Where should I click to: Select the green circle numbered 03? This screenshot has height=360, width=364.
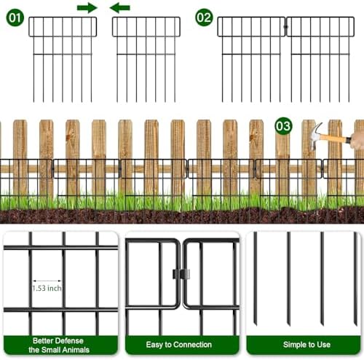(x=284, y=127)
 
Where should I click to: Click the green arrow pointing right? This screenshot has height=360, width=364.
(x=87, y=8)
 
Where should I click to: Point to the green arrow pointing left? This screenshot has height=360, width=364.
(x=120, y=8)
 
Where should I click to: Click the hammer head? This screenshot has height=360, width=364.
(x=317, y=132)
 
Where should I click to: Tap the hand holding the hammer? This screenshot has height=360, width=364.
(x=357, y=138)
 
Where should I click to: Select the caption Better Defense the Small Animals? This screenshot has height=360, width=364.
(x=60, y=344)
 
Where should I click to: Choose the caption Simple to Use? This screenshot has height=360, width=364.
(x=303, y=344)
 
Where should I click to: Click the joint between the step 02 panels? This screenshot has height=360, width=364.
(x=285, y=28)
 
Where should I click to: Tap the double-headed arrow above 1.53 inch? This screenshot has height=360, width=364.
(x=47, y=281)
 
